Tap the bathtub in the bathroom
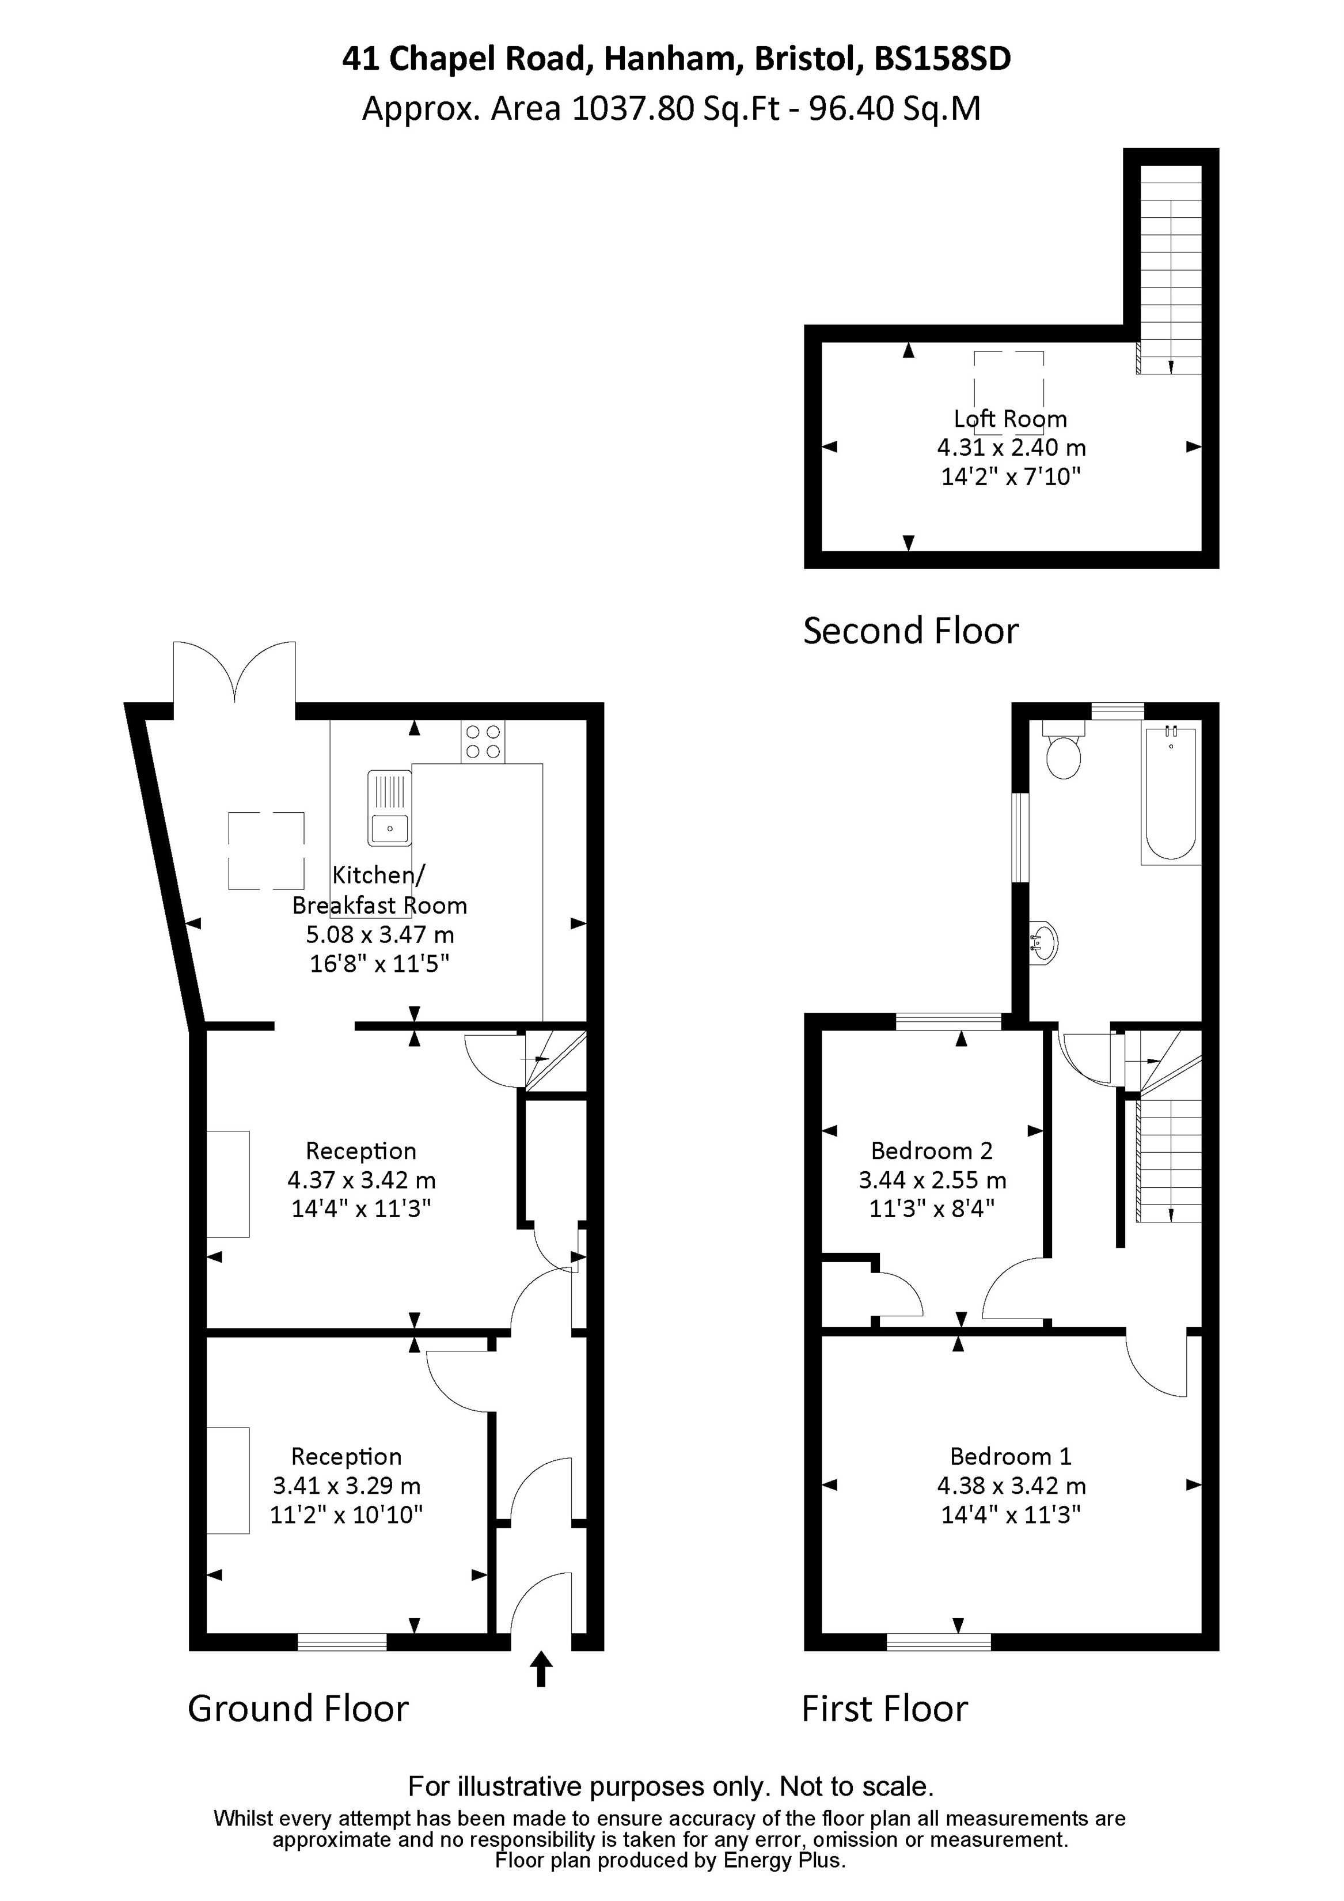1170,795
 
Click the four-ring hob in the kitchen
483,742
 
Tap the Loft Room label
1011,419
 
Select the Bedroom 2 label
931,1151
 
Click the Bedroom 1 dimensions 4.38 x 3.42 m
1011,1486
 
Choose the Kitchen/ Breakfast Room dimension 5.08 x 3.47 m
380,935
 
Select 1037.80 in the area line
633,108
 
